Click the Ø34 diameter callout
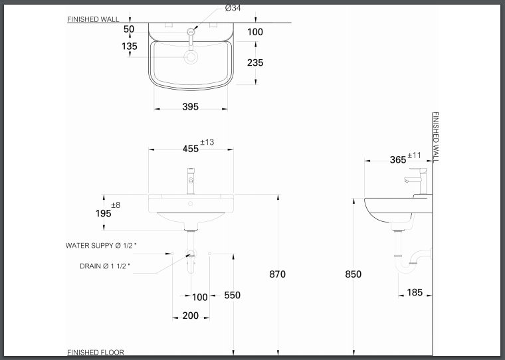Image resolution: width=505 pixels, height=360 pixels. (x=233, y=8)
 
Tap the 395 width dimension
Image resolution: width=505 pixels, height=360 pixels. (x=190, y=106)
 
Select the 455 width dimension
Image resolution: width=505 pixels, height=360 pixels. (x=191, y=149)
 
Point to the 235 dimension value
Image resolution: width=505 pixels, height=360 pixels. (x=255, y=62)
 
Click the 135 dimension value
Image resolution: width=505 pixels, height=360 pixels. (x=130, y=46)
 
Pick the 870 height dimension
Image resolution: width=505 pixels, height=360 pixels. (x=277, y=274)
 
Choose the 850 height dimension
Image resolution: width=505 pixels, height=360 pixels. (x=353, y=274)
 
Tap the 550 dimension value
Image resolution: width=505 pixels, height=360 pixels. (x=232, y=296)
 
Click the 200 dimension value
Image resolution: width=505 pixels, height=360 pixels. (x=190, y=315)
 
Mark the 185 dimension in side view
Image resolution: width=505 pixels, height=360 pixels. (x=415, y=292)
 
